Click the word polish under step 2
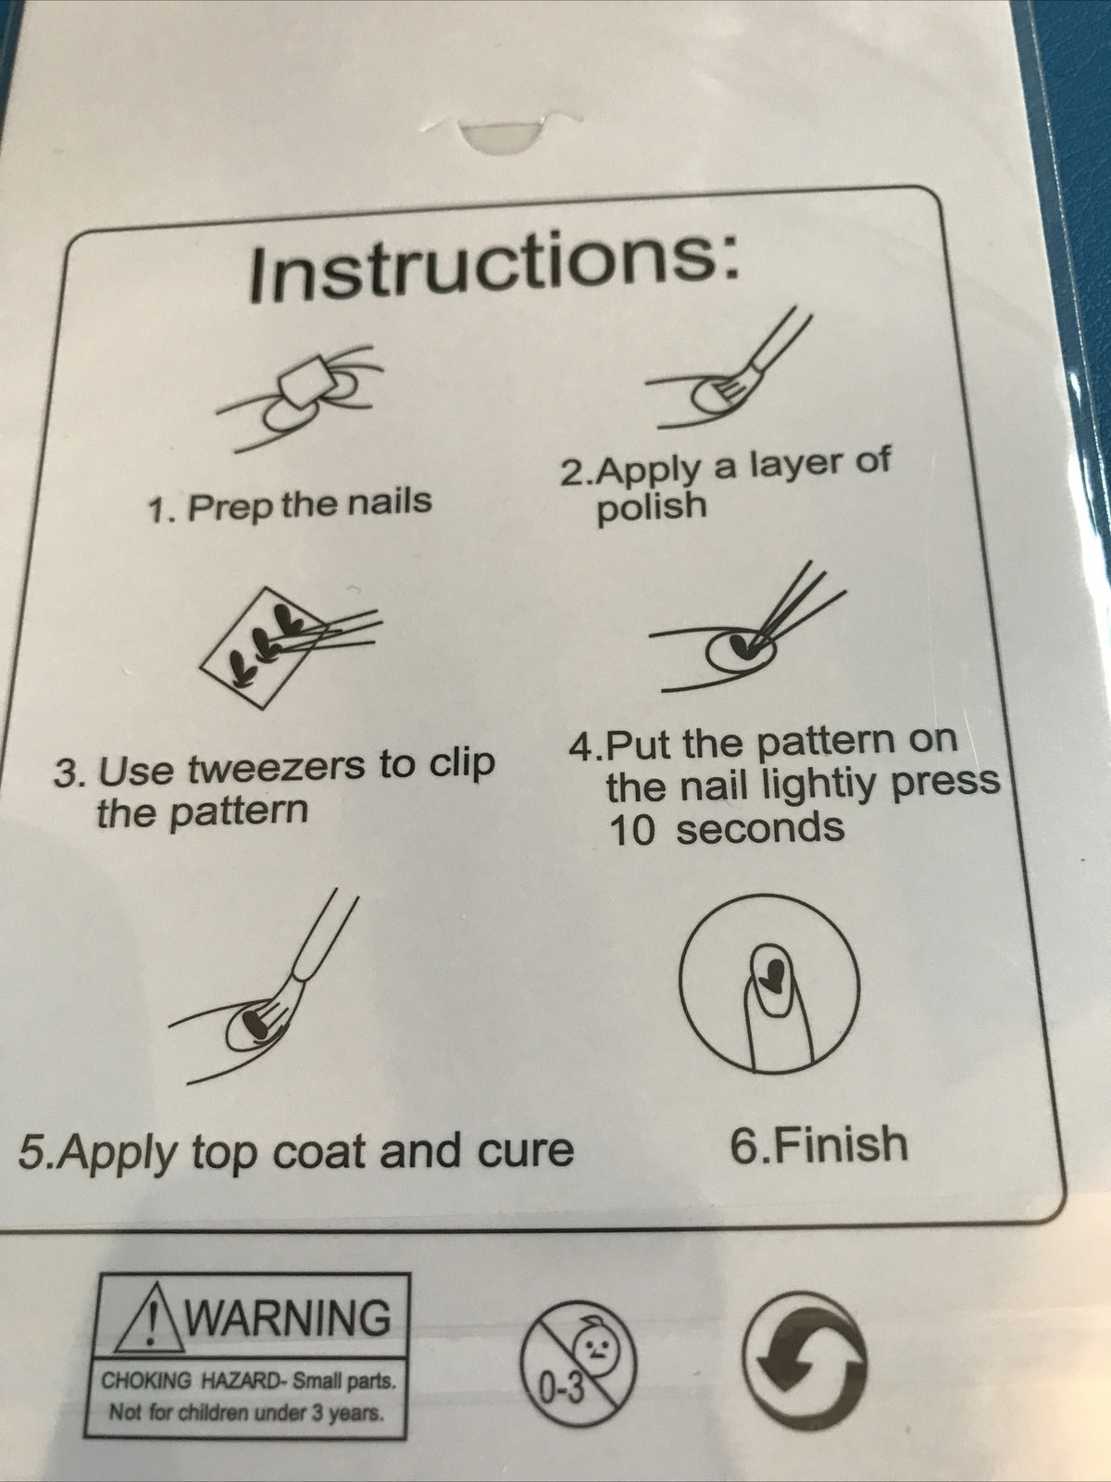[x=652, y=507]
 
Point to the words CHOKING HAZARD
[x=188, y=1381]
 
